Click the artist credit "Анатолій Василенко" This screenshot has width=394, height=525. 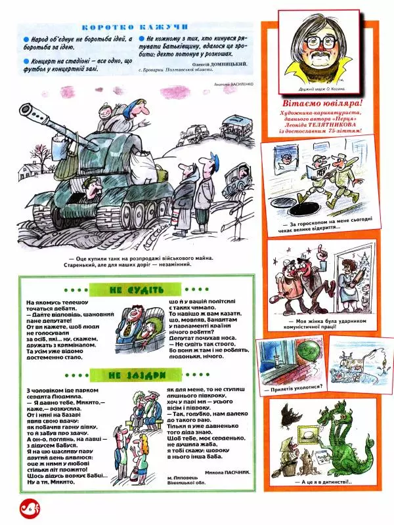click(x=233, y=84)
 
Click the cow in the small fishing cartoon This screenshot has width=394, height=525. click(x=355, y=360)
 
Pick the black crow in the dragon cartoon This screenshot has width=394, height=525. click(x=288, y=414)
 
